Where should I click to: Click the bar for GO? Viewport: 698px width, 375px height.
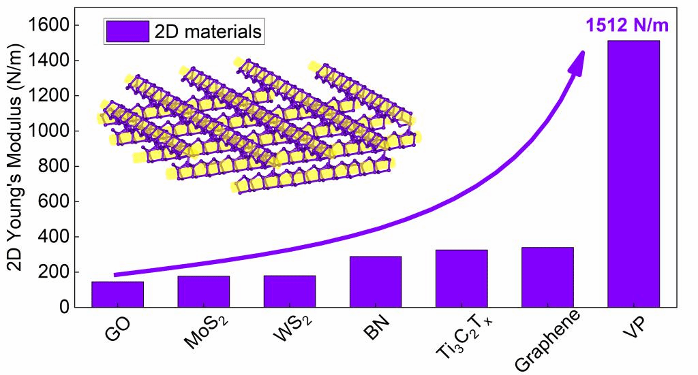tap(117, 294)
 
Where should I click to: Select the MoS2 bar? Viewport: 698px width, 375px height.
tap(203, 291)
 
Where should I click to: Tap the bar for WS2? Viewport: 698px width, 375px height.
tap(289, 291)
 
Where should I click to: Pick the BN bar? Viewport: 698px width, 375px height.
tap(375, 282)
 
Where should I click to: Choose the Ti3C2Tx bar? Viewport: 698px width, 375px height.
tap(461, 278)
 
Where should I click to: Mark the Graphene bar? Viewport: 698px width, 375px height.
tap(547, 277)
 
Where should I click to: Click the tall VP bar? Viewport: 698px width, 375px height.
tap(633, 174)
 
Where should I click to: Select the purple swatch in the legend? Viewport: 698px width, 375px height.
tap(126, 31)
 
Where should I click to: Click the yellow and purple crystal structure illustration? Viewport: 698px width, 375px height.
tap(259, 126)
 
